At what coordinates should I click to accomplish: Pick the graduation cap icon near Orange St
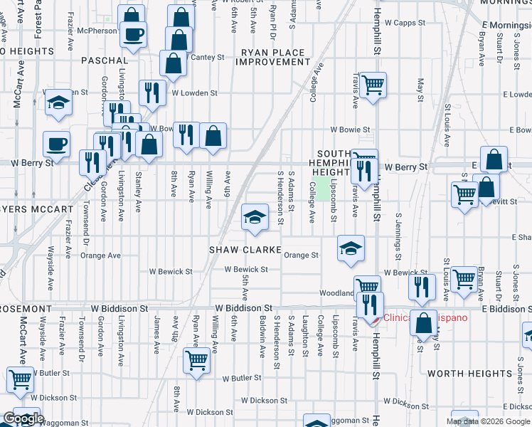click(351, 248)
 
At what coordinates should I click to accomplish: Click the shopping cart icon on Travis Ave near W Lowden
click(373, 85)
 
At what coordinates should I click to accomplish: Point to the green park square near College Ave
click(324, 189)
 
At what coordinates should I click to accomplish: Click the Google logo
click(23, 419)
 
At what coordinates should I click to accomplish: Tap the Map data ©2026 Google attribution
click(488, 421)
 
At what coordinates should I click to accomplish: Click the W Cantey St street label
click(206, 57)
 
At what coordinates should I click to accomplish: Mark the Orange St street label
click(301, 255)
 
